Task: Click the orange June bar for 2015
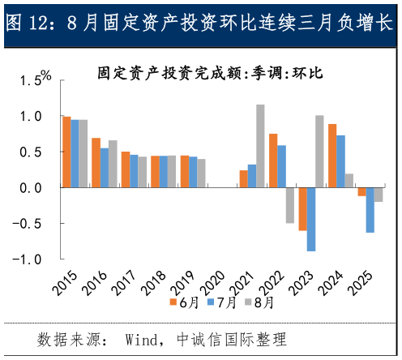[66, 152]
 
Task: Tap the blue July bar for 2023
[311, 219]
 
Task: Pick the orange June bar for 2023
[302, 208]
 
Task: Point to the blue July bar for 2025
[370, 210]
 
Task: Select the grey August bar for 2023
[319, 152]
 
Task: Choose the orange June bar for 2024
[332, 156]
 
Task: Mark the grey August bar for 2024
[349, 180]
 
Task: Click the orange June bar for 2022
[273, 161]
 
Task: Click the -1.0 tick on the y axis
[33, 259]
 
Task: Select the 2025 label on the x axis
[361, 284]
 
